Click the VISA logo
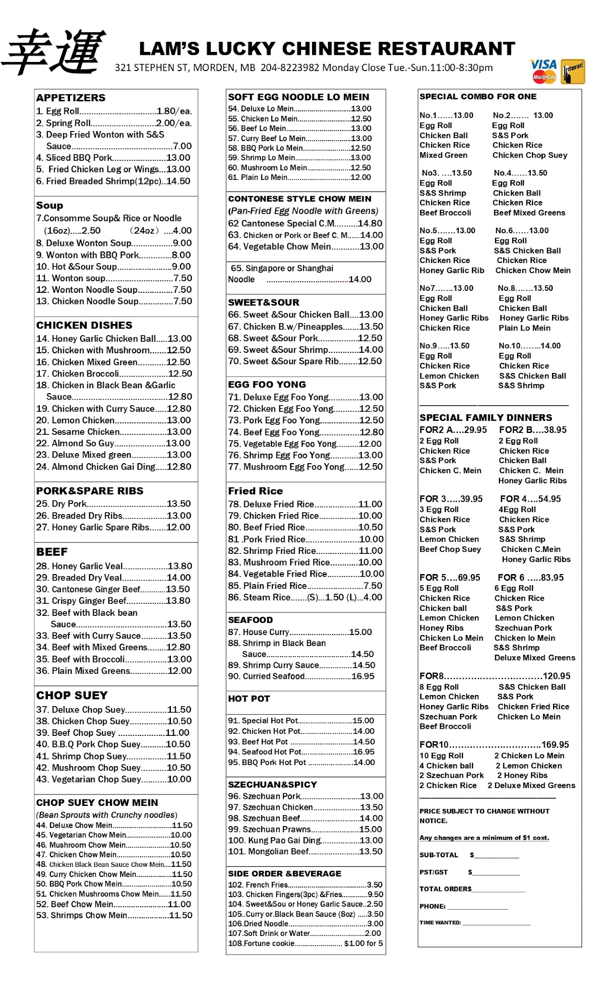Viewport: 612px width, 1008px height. click(543, 65)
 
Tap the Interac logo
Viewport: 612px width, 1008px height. click(573, 72)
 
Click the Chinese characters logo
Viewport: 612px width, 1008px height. click(54, 51)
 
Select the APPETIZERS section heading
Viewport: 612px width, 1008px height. click(71, 98)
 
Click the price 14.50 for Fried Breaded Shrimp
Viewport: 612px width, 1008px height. click(178, 181)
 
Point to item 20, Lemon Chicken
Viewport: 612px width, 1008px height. click(76, 420)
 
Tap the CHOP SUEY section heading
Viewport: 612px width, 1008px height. click(72, 696)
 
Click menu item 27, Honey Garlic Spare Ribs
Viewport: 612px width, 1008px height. click(93, 527)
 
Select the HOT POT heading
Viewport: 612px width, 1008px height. click(249, 699)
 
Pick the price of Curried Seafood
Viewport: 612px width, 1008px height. click(363, 676)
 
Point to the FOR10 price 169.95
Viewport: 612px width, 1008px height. click(555, 744)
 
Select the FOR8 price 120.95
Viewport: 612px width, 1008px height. click(557, 676)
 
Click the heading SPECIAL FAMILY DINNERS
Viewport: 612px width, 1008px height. click(485, 418)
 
